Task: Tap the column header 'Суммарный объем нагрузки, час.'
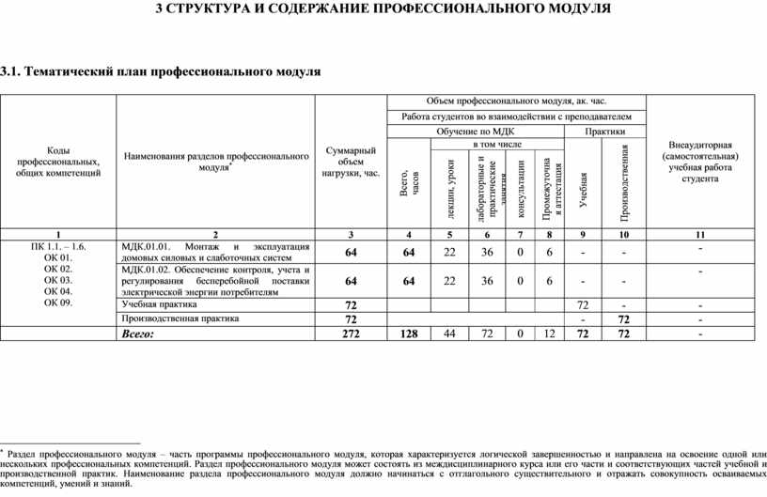350,162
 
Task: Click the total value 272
351,334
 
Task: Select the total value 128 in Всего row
408,334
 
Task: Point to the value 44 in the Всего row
449,334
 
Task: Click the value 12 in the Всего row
548,334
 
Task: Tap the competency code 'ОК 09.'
57,303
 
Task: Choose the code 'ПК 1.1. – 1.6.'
57,245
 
